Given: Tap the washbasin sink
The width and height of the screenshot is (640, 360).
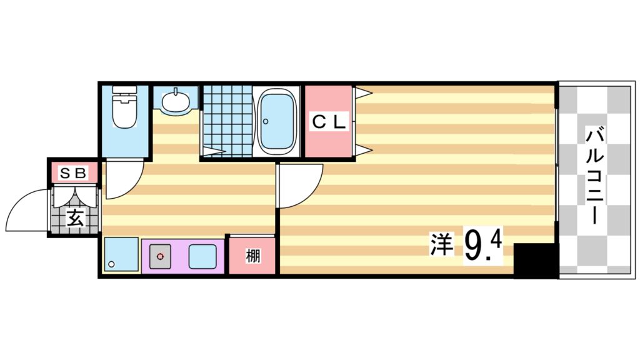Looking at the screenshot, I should (174, 101).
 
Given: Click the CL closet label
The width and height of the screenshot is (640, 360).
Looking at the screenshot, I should (328, 123).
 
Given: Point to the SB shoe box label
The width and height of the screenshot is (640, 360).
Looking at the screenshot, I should (73, 171).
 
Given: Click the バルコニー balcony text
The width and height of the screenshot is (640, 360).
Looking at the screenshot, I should (596, 176).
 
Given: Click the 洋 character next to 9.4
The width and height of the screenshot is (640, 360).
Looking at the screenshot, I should (441, 244).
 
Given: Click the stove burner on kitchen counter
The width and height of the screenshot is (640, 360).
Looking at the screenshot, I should (161, 256).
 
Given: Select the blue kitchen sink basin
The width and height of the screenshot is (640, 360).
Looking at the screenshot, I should (202, 256).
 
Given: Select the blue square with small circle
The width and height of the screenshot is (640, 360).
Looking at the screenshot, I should (121, 255).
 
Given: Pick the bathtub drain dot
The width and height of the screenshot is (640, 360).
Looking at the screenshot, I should (265, 121).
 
